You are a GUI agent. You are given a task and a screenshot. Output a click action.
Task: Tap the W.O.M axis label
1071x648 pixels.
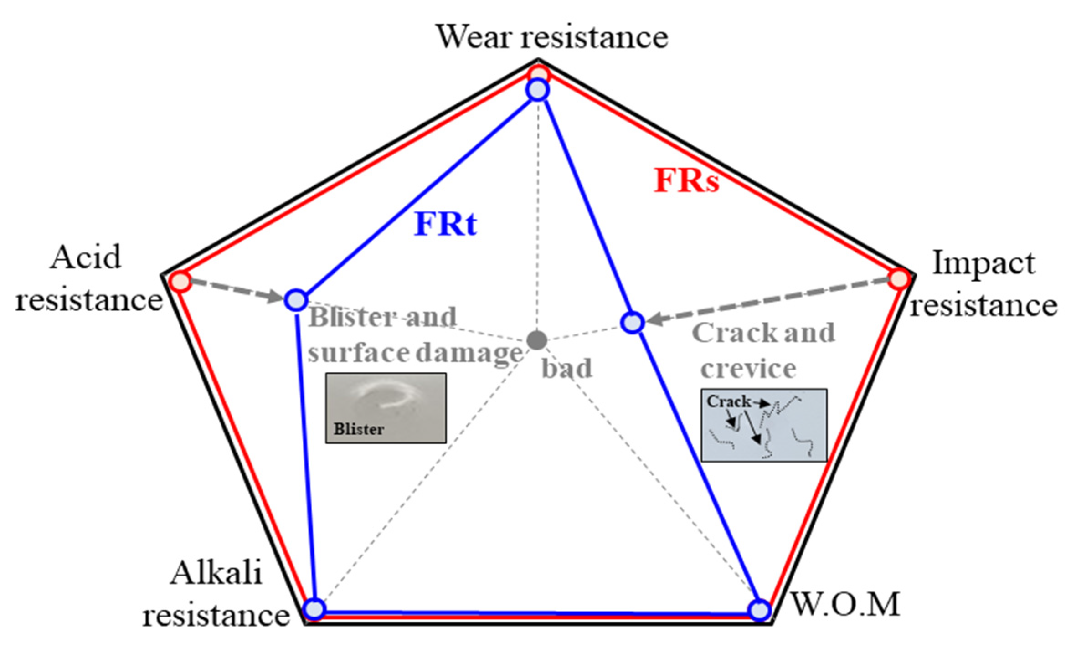coord(846,604)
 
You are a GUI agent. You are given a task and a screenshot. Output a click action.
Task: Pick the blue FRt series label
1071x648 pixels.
coord(445,224)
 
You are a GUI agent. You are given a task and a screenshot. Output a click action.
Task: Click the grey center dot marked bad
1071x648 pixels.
coord(537,340)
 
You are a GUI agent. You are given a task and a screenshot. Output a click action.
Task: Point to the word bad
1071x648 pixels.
coord(566,368)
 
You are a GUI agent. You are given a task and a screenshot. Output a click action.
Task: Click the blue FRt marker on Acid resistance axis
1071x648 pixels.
coord(296,300)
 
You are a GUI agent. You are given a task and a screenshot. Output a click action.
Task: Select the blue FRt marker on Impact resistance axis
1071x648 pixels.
coord(633,323)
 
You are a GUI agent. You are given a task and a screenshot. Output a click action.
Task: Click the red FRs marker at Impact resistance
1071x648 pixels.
coord(900,279)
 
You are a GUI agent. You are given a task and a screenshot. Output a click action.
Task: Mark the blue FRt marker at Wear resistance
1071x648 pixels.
coord(538,90)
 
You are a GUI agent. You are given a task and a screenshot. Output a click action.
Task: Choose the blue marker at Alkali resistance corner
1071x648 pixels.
coord(314,609)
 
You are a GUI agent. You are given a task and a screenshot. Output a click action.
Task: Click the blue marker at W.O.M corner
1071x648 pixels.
coord(759,610)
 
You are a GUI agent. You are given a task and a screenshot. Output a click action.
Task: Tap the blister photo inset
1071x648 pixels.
coord(386,408)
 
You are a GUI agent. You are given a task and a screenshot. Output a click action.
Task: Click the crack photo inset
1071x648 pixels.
coord(764,425)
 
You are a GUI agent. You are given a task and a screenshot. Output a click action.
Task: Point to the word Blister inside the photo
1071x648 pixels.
coord(359,429)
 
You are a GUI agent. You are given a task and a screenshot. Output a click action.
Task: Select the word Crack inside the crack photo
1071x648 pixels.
coord(728,402)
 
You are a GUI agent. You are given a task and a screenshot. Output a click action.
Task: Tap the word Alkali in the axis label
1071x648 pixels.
coord(216,573)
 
